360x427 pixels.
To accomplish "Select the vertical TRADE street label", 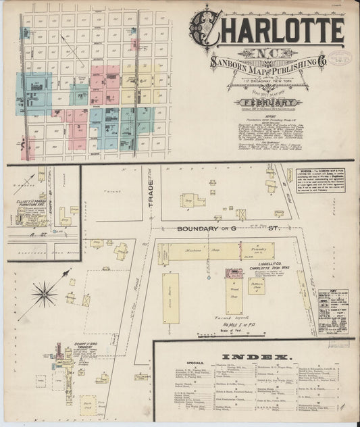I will click(151, 192).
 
